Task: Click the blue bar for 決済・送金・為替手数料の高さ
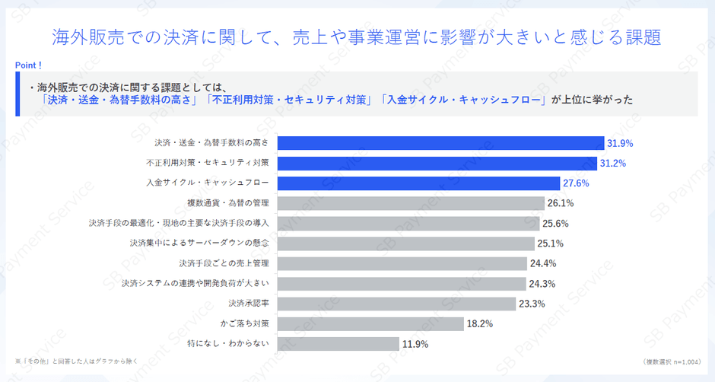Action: [x=440, y=143]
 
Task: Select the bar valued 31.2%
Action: [x=437, y=163]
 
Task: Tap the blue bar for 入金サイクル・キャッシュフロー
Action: [x=418, y=183]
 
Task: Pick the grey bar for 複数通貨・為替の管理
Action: [x=411, y=203]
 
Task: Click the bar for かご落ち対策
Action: [x=370, y=323]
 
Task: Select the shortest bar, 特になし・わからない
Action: [x=338, y=343]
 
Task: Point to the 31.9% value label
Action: [x=620, y=143]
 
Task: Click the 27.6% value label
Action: [x=575, y=183]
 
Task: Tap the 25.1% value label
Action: [x=551, y=244]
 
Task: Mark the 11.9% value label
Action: [x=415, y=344]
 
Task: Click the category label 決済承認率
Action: [x=248, y=304]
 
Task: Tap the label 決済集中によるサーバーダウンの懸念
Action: [x=199, y=244]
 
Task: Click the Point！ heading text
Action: [x=28, y=65]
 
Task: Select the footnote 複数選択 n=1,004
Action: [x=671, y=361]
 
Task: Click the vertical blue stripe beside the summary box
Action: [x=17, y=94]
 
